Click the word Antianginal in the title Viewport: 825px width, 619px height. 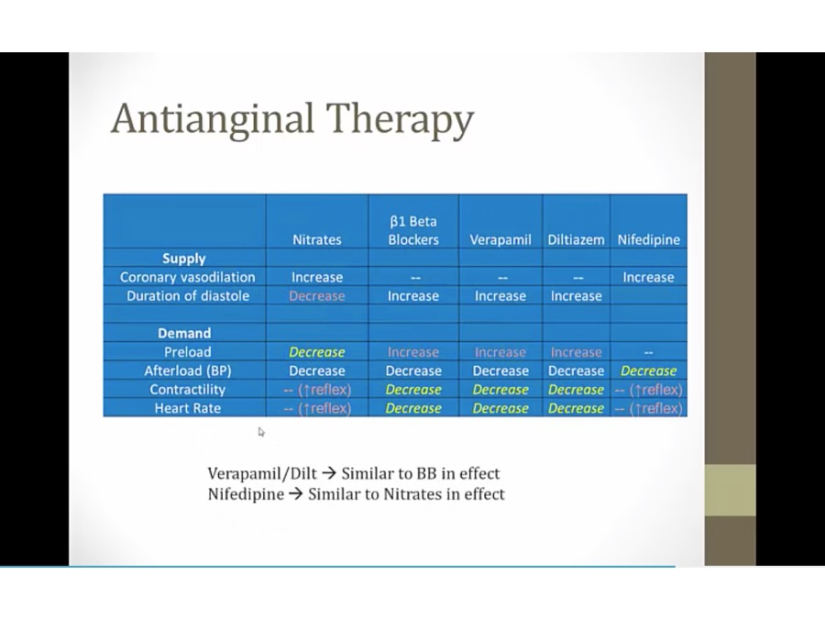click(213, 118)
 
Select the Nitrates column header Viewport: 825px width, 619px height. click(317, 240)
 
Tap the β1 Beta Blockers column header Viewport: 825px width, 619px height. click(413, 230)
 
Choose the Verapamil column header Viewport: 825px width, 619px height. click(500, 240)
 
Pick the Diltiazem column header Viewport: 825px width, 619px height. click(577, 240)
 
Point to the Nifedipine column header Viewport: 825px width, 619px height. click(649, 240)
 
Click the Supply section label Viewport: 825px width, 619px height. click(184, 259)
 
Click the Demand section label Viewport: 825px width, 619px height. click(184, 333)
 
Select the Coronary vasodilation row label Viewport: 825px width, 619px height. click(187, 277)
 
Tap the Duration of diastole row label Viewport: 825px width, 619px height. click(188, 296)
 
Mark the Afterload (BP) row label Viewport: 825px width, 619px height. click(188, 370)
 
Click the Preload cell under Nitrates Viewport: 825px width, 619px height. click(317, 352)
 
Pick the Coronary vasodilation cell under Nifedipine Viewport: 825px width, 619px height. click(648, 277)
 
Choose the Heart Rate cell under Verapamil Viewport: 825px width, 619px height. click(500, 408)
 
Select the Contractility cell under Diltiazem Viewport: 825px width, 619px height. click(577, 390)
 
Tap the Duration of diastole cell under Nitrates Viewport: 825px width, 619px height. click(317, 296)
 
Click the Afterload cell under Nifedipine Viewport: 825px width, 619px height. click(648, 370)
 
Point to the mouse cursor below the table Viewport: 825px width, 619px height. click(261, 432)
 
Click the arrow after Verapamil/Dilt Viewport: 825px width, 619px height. click(329, 473)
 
